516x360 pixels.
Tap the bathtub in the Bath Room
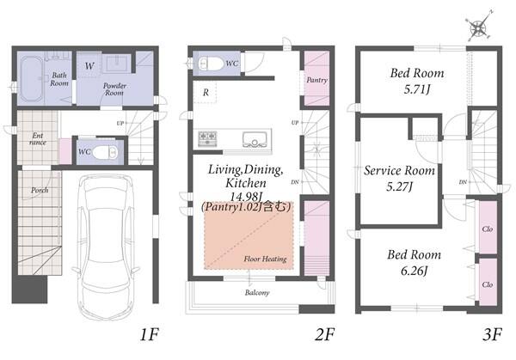coord(31,79)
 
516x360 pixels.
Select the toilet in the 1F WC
coord(105,152)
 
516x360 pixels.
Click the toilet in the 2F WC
coord(212,64)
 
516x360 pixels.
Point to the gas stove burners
coord(207,138)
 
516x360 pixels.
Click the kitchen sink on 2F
coord(255,139)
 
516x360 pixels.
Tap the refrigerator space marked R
coord(205,93)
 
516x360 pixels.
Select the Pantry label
coord(316,80)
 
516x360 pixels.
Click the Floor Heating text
coord(265,259)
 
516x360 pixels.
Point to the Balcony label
coord(257,292)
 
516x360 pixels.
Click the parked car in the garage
coord(105,247)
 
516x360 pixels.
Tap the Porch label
coord(40,190)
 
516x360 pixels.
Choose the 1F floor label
coord(149,335)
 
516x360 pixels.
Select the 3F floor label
coord(492,335)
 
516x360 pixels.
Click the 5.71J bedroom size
coord(417,89)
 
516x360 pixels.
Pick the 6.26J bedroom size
coord(414,271)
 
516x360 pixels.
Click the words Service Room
coord(399,171)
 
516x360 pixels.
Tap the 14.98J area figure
coord(245,197)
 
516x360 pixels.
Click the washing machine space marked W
coord(89,66)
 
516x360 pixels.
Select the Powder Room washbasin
coord(116,63)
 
